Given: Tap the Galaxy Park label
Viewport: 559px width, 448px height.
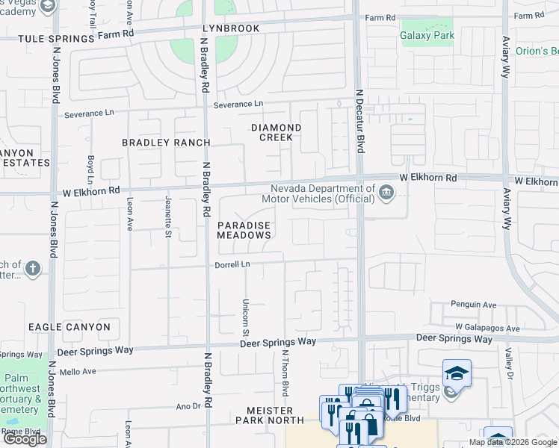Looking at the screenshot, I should (427, 35).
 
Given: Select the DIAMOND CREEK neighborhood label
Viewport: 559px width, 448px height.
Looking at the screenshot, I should (276, 132).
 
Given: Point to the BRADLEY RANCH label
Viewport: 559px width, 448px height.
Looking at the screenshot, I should (166, 142).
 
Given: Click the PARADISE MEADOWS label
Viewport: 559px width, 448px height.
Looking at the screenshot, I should (244, 230).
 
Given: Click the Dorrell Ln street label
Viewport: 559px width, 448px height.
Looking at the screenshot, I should (232, 264).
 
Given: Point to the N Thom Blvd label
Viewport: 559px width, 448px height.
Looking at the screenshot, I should (285, 376).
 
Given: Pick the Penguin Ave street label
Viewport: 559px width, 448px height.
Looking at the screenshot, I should (473, 305).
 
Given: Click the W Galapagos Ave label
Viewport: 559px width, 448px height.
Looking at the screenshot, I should (487, 329).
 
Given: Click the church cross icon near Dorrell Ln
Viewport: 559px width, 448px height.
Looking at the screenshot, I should (32, 268).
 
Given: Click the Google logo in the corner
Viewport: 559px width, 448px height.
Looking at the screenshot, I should (25, 439).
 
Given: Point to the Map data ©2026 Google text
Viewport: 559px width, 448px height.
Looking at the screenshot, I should (513, 442).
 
